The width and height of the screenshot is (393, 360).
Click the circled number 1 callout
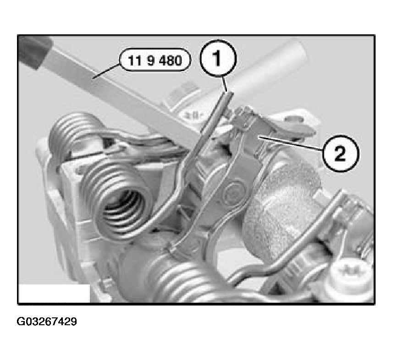218,58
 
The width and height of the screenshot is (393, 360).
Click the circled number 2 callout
340,153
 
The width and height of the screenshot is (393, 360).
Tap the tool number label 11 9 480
155,60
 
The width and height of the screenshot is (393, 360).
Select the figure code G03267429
47,322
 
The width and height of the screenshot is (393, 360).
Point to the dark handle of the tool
34,51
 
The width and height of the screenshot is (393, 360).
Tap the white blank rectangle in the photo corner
54,294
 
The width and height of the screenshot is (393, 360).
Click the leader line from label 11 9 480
106,71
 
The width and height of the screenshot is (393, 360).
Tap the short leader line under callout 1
225,84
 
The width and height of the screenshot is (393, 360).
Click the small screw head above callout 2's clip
297,119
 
